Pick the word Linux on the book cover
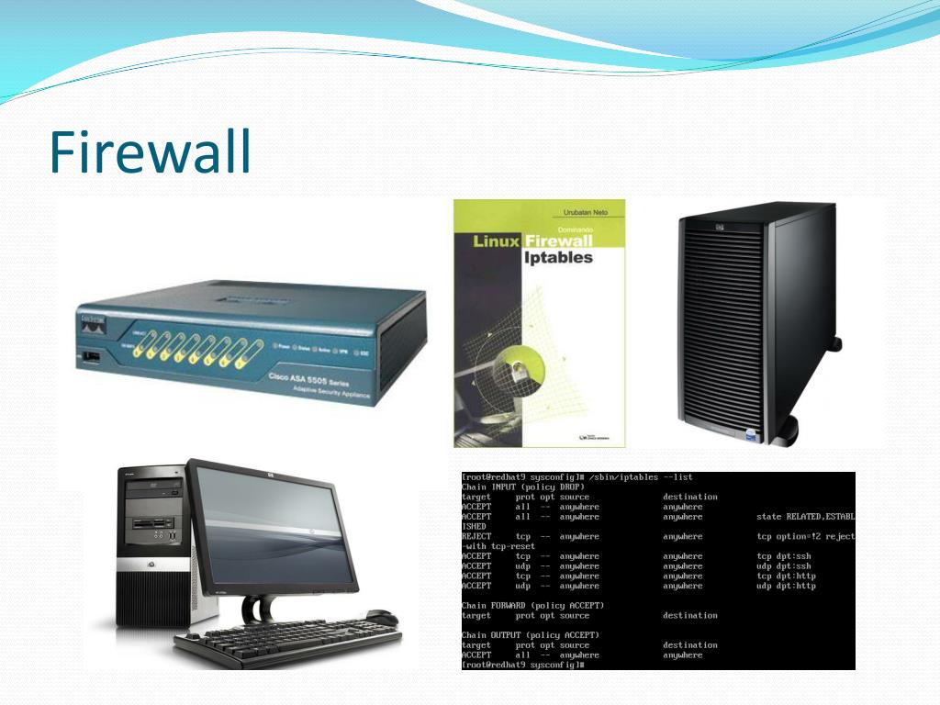pos(496,241)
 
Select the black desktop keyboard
pos(285,643)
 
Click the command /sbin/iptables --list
pos(642,477)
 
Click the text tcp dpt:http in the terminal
pos(786,576)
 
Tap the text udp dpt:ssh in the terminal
pos(783,566)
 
